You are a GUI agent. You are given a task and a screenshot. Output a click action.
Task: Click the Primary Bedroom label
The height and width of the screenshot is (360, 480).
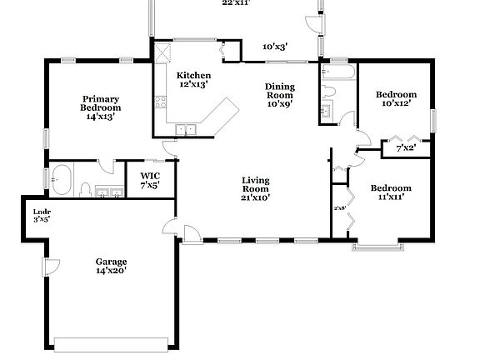[x=100, y=107]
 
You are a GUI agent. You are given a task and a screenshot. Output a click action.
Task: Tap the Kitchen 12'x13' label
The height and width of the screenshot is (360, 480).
[x=188, y=80]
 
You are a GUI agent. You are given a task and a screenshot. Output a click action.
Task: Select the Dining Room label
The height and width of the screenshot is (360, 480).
[x=279, y=95]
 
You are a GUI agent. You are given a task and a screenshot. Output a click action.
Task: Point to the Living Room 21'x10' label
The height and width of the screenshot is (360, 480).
[x=255, y=189]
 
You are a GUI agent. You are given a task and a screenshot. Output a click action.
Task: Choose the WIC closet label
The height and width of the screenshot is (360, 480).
[x=150, y=180]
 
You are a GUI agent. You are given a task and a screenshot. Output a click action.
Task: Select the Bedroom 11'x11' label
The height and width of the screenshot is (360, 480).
[x=391, y=192]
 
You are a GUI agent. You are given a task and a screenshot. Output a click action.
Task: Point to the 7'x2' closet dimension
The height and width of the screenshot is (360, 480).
[x=406, y=148]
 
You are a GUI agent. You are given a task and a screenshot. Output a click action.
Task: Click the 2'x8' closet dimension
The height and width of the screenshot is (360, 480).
[x=339, y=208]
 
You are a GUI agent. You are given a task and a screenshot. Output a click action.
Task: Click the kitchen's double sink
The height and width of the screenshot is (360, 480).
[x=186, y=129]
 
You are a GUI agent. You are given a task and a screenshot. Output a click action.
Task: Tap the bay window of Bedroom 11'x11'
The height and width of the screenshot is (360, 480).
[x=379, y=245]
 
